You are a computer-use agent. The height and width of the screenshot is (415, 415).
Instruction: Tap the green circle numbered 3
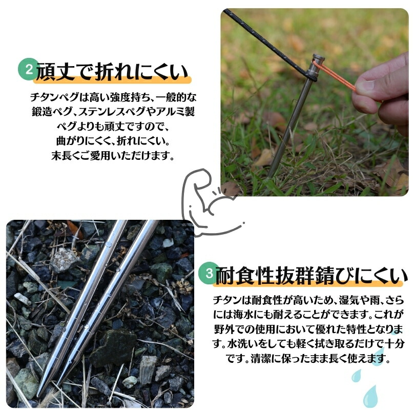click(x=209, y=273)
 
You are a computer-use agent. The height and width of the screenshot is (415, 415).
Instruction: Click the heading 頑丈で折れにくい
click(x=112, y=72)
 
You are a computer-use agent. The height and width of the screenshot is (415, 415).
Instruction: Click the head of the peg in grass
click(x=318, y=60)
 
